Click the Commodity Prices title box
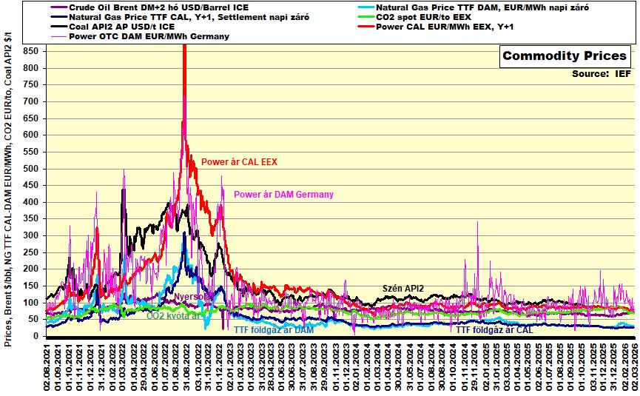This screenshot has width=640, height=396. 565,56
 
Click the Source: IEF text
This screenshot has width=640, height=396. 601,74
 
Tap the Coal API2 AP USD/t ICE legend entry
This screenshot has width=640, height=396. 121,27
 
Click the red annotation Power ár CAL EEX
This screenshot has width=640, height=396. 239,161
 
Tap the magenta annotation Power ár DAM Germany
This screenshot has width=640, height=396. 283,195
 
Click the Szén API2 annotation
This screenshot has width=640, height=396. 403,288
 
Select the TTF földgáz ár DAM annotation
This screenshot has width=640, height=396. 274,330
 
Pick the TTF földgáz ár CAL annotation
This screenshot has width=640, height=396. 495,330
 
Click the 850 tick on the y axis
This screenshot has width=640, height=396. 30,51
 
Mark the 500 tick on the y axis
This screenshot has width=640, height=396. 30,169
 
